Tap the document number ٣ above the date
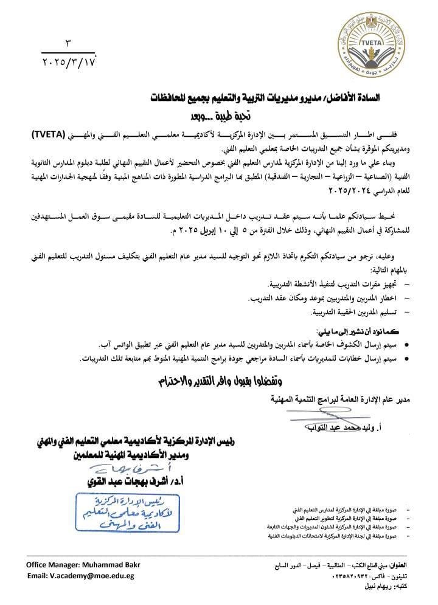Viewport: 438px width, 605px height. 68,44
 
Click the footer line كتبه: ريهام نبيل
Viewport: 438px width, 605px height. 386,587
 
